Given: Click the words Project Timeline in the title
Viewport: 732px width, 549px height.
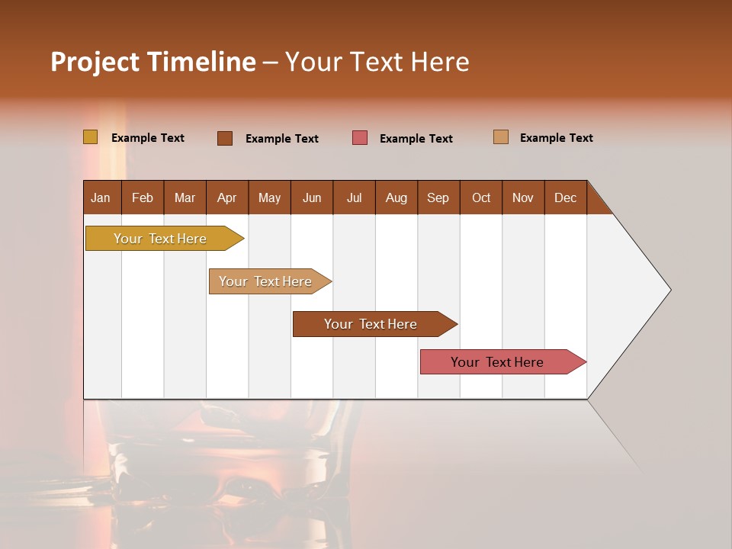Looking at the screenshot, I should [x=152, y=62].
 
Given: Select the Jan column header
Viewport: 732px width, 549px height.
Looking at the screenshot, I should [x=101, y=197].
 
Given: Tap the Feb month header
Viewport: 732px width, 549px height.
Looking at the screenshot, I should [x=143, y=197].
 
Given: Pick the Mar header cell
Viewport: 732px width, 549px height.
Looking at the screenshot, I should [x=185, y=197].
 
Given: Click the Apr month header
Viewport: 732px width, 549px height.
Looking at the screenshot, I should [x=227, y=197].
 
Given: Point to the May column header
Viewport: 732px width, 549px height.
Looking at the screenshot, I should [x=269, y=197].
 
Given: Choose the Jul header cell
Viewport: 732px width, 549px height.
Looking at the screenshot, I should [x=354, y=197].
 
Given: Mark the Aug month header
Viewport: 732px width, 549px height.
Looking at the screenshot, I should [x=396, y=197].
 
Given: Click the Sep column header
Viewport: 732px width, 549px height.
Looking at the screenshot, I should [x=438, y=197].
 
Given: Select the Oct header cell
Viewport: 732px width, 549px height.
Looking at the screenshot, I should [x=481, y=197].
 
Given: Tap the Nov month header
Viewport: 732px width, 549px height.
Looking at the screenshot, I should [x=523, y=197].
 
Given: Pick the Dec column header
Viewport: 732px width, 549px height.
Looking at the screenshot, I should [x=565, y=197].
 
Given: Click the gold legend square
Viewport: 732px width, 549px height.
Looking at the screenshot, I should [x=90, y=137].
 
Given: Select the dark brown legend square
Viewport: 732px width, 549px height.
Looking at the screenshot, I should [x=225, y=138].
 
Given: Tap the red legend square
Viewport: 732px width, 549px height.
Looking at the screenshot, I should [x=360, y=138].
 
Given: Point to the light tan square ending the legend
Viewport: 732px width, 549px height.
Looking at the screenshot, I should [x=501, y=137].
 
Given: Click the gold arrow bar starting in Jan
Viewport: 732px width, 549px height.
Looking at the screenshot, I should [x=160, y=239].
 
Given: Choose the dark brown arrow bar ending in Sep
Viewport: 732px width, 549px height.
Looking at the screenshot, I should [x=371, y=324].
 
